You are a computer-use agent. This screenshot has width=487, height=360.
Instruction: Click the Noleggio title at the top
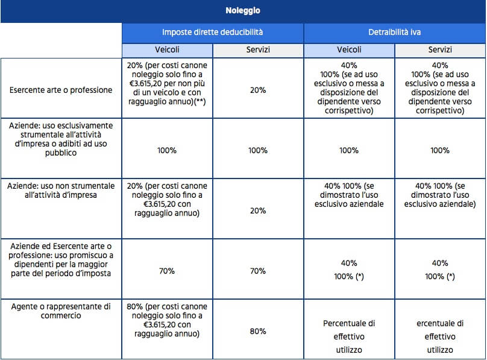tap(242, 11)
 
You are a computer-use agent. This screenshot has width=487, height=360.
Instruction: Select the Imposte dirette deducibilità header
tap(212, 32)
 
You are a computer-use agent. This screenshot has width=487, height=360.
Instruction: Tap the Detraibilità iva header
tap(394, 32)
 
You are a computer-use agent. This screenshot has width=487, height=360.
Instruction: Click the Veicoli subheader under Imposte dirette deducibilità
tap(167, 49)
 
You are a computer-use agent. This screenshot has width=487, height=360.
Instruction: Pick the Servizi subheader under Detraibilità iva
tap(440, 49)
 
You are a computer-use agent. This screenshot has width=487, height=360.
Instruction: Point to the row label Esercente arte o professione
tap(61, 90)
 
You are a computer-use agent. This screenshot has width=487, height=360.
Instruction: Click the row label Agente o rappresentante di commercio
tap(61, 311)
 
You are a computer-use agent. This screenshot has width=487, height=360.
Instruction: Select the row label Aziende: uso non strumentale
tap(61, 191)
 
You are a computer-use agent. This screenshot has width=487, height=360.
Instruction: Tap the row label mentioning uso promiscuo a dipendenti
tap(61, 260)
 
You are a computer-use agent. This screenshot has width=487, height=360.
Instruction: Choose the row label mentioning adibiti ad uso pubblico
tap(61, 139)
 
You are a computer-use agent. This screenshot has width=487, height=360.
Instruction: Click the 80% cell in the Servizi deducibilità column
tap(258, 332)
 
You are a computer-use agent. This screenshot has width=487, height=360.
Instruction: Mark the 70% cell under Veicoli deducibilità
tap(167, 271)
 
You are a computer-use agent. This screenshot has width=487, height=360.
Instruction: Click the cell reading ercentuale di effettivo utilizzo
tap(440, 336)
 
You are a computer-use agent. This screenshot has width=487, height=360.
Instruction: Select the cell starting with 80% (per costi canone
tap(167, 320)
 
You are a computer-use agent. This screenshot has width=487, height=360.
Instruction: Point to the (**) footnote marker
tap(200, 101)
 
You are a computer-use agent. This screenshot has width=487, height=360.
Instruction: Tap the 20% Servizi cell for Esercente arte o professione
tap(258, 90)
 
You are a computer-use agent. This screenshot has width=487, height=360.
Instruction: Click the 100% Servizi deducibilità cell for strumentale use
tap(258, 151)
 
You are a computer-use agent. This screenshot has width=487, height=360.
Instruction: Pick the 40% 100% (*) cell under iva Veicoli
tap(349, 270)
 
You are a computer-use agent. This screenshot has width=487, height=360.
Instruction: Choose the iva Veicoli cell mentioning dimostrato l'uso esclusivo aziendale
tap(349, 195)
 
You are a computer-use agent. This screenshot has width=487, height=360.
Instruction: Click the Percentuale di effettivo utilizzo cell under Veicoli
tap(349, 336)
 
